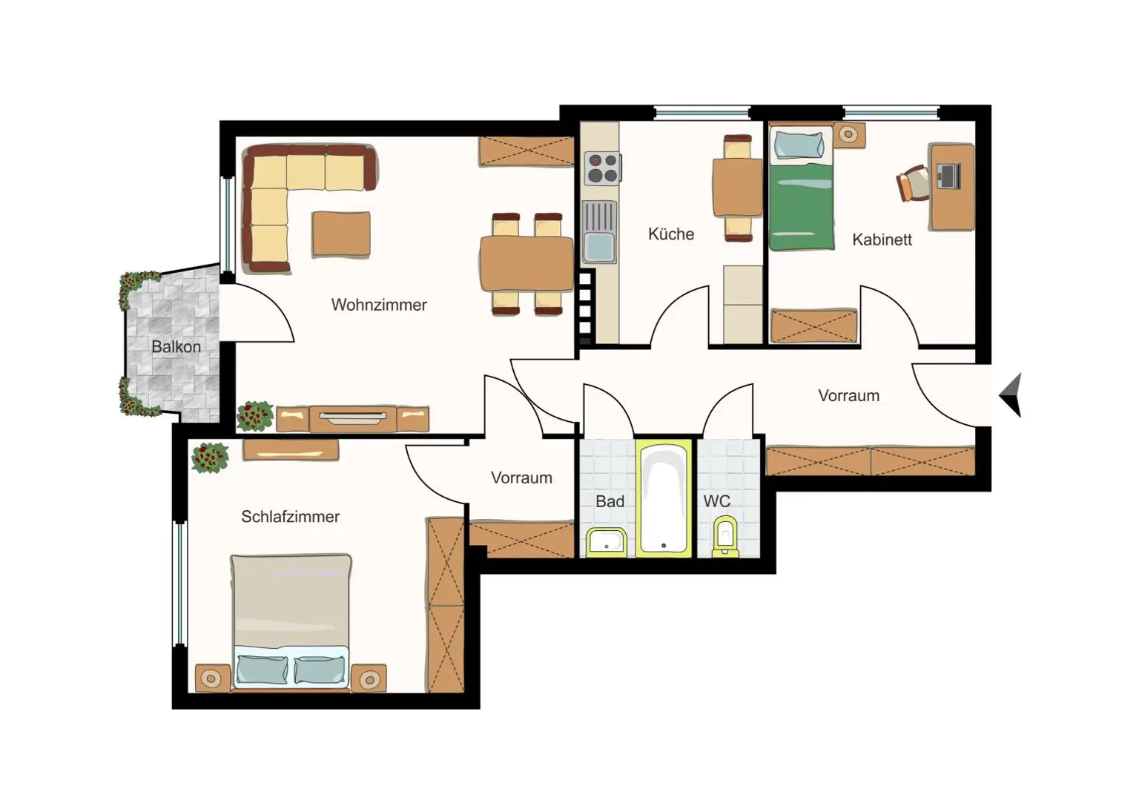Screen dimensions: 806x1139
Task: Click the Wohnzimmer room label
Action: pos(379,305)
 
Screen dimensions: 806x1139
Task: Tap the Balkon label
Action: pos(176,346)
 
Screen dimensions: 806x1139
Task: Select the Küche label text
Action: pos(671,234)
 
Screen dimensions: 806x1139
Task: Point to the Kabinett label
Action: pos(882,240)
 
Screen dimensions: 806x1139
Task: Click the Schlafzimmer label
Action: pos(290,517)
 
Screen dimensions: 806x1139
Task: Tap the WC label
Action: pos(716,501)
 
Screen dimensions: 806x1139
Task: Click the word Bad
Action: pos(610,501)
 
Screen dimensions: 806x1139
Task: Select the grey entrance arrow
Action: pos(1012,394)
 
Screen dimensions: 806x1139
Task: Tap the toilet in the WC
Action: pos(724,537)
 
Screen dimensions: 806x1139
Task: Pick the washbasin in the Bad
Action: pos(607,543)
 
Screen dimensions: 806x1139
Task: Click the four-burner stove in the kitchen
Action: pos(602,168)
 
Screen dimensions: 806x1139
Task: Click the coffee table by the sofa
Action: pos(341,234)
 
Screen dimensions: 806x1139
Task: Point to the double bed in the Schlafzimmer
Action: pos(291,621)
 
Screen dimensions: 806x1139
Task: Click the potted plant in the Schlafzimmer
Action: pos(210,457)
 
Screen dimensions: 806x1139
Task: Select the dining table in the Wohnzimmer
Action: pos(526,263)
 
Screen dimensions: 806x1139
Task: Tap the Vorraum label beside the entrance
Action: pos(848,396)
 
